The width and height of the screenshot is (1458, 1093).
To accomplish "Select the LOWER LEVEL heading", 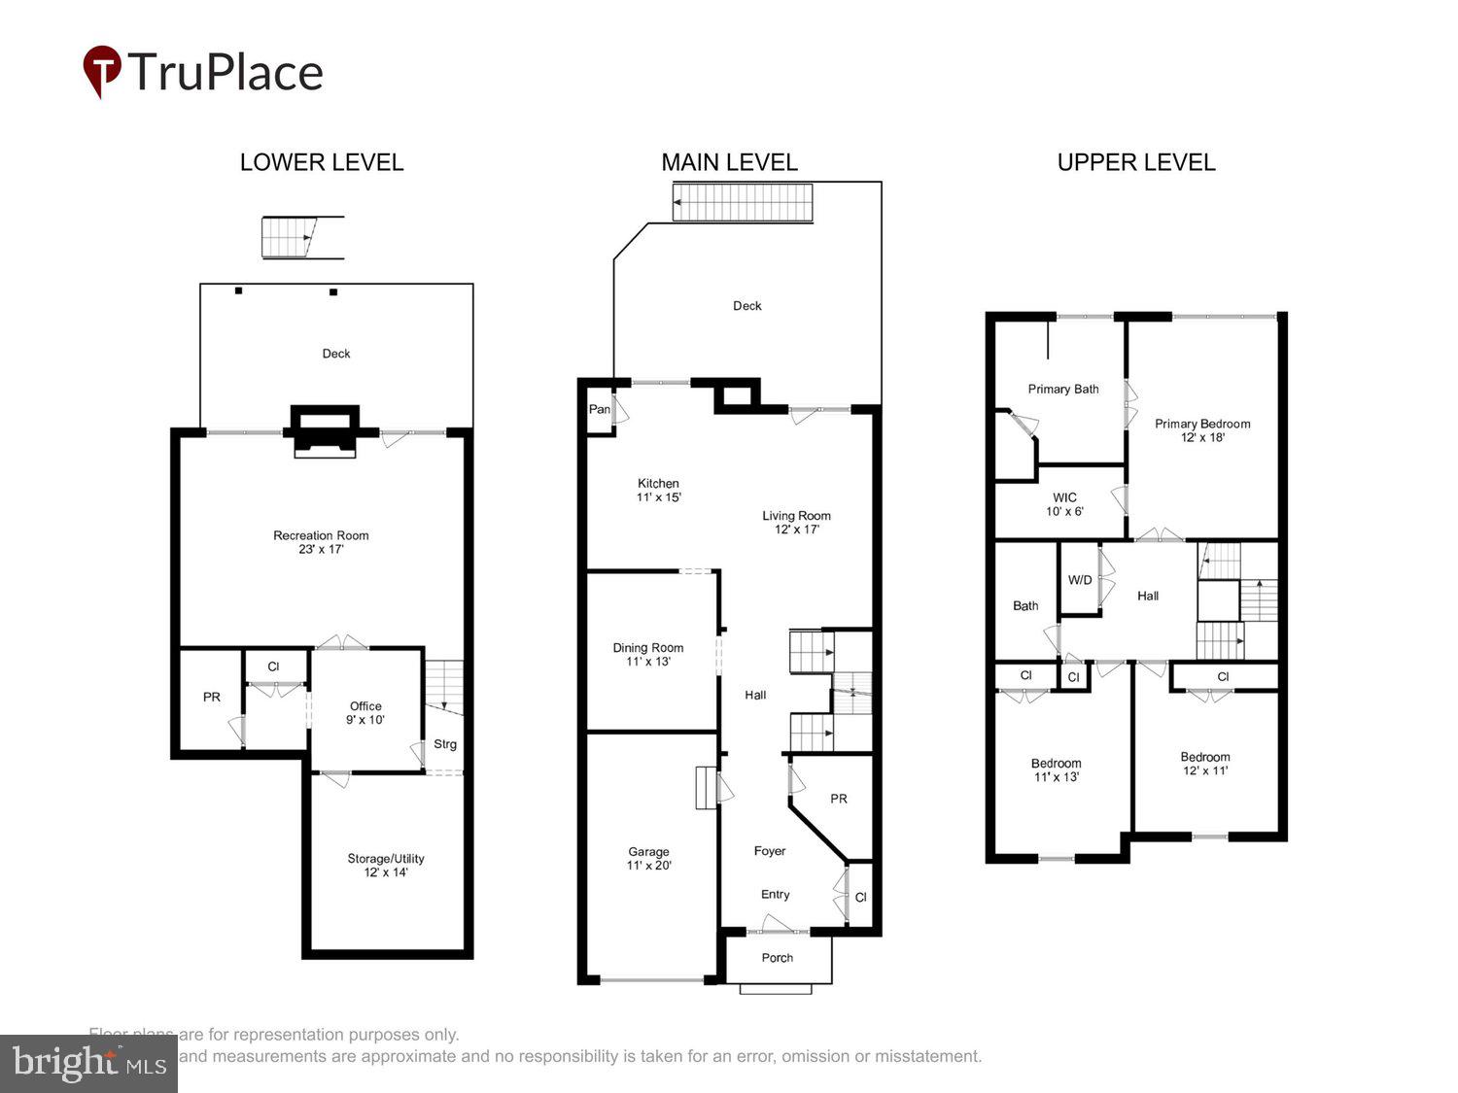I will click(x=322, y=162).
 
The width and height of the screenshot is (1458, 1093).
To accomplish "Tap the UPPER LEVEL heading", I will click(x=1135, y=162).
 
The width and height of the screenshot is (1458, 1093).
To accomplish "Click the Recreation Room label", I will click(x=321, y=542).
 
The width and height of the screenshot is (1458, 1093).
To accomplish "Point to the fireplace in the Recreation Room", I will click(x=325, y=432).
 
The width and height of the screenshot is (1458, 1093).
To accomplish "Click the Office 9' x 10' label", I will click(x=365, y=713).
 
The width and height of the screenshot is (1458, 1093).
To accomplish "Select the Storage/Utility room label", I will click(x=386, y=866).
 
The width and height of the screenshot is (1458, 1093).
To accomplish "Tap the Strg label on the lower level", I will click(x=445, y=744).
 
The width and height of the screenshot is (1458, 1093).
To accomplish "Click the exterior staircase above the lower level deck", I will click(x=290, y=238).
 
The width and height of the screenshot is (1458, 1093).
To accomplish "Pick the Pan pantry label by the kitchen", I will click(x=600, y=409).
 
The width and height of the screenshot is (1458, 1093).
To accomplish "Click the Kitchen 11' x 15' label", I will click(x=658, y=490).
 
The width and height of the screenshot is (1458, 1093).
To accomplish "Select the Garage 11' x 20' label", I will click(x=648, y=859).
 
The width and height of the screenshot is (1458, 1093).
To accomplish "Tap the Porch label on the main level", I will click(x=777, y=958).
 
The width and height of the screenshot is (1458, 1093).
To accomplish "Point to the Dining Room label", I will click(x=648, y=655).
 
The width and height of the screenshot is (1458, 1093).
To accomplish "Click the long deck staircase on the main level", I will click(x=743, y=203).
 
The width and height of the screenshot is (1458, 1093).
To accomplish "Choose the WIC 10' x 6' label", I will click(x=1064, y=504).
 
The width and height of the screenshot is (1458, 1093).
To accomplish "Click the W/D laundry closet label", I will click(x=1080, y=580).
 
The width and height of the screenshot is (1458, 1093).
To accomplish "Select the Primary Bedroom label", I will click(x=1202, y=430).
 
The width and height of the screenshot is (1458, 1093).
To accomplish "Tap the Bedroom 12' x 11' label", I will click(x=1205, y=764).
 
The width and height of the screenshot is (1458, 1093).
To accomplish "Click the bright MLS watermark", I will click(x=88, y=1064).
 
